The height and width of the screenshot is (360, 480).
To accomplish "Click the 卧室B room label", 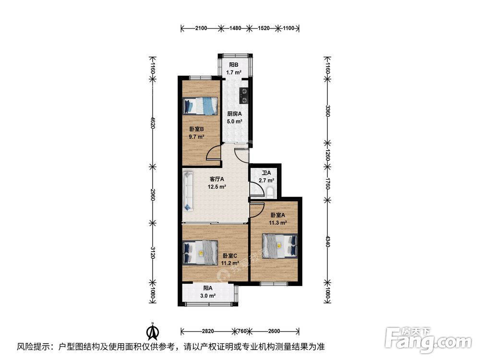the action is (x=196, y=129).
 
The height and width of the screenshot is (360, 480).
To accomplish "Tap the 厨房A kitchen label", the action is (x=235, y=114).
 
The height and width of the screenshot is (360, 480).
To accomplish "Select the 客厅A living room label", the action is (x=217, y=179).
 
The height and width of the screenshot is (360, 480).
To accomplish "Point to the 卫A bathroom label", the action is (x=266, y=173).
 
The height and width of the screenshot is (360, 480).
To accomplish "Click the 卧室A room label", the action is (x=277, y=215).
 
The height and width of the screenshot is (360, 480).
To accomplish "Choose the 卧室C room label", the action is (x=230, y=256).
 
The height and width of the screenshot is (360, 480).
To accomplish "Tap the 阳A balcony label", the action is (x=208, y=288).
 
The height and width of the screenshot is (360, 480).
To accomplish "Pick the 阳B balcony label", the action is (x=234, y=65).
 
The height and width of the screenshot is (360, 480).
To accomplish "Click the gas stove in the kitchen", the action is (x=244, y=95).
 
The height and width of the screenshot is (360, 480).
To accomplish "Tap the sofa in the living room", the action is (x=188, y=192).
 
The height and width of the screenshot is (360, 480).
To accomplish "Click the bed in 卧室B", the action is (x=200, y=106).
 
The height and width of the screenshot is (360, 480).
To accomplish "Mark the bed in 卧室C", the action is (x=200, y=252).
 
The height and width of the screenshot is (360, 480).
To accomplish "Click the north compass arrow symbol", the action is (x=152, y=331).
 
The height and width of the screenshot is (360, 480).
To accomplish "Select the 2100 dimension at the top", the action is (x=201, y=28).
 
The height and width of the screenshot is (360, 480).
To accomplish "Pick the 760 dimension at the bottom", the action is (x=242, y=331).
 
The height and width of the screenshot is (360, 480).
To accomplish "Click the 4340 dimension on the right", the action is (x=327, y=241).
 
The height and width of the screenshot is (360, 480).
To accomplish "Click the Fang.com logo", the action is (x=429, y=339).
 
